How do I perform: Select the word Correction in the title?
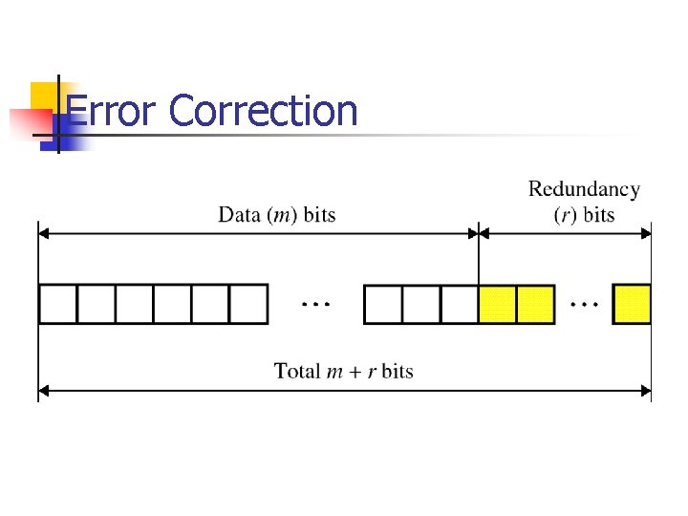pos(263,112)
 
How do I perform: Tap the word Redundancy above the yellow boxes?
pos(584,190)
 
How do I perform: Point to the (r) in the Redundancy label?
pos(565,214)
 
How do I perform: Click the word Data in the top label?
pos(240,214)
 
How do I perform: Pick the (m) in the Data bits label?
pos(283,214)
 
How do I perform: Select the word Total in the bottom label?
pos(297,371)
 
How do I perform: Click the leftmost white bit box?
pos(57,304)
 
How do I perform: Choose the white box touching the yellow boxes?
pos(460,304)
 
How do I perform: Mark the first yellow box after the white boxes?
pos(497,304)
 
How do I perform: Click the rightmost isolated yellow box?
pos(632,304)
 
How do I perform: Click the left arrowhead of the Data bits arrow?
pos(43,230)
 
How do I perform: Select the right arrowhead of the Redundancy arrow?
pos(647,230)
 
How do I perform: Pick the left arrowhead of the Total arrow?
pos(43,390)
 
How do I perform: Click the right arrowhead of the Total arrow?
pos(647,390)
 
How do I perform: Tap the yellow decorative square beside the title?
pos(43,96)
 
